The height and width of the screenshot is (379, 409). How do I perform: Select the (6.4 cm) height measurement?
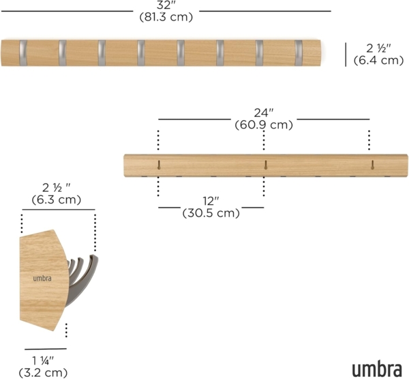point(379,60)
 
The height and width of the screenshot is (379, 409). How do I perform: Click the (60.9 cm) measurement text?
point(263,125)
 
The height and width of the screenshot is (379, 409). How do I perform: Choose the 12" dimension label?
point(211,201)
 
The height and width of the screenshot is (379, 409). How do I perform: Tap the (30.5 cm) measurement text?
point(211,213)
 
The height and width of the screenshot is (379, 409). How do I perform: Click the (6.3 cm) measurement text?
point(57,200)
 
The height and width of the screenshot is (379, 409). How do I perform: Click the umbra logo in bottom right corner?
point(376,369)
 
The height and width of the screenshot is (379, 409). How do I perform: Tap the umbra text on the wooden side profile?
point(42,278)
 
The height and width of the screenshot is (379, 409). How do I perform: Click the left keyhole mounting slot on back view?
point(158,165)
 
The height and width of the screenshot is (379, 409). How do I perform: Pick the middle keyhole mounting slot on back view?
point(264,165)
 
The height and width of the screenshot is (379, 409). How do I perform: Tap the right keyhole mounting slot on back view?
point(372,165)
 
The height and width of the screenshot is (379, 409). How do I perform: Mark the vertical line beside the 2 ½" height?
point(346,54)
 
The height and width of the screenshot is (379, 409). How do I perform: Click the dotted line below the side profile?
point(66,331)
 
